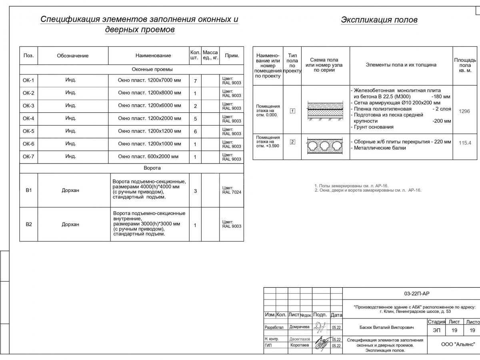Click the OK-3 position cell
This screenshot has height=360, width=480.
[x=28, y=106]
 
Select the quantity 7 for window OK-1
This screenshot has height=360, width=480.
[x=195, y=81]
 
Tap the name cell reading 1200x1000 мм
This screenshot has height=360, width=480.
[x=149, y=144]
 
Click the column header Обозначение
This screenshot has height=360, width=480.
[x=72, y=56]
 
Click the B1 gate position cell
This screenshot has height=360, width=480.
[x=28, y=190]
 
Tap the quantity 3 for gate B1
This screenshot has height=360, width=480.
[x=195, y=191]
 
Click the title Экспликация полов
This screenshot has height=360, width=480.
[x=379, y=20]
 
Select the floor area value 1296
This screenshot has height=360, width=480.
[x=464, y=111]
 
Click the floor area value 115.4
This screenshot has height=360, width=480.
[x=465, y=143]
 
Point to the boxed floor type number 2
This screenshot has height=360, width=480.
[x=292, y=142]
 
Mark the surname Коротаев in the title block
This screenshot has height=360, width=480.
[x=300, y=345]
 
